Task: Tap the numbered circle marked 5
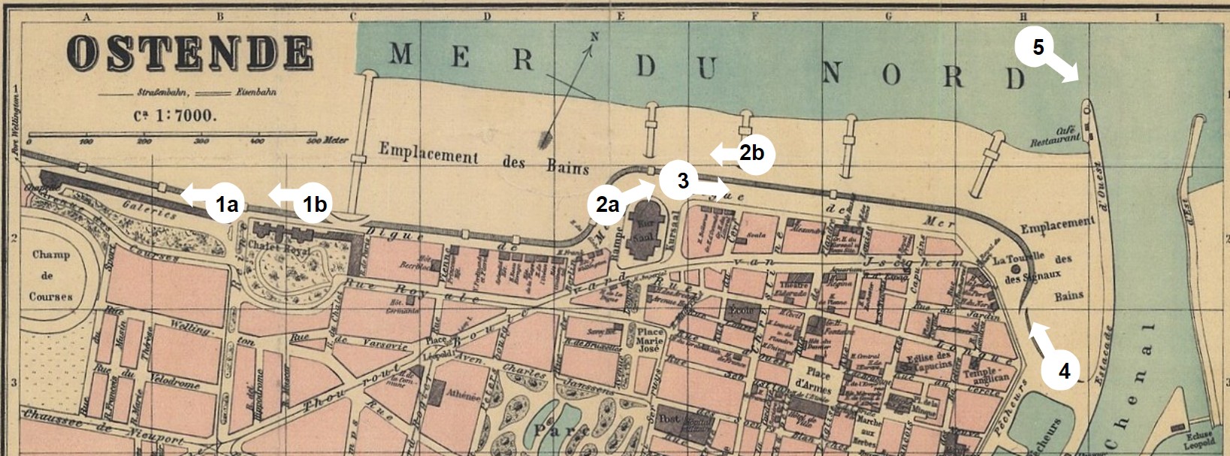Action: coord(1038,47)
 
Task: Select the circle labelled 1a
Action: coord(227,203)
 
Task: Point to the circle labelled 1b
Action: coord(314,203)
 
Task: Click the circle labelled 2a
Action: coord(608,204)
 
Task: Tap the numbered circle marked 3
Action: coord(683,181)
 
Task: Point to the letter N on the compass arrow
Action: coord(594,37)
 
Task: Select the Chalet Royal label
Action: coord(283,249)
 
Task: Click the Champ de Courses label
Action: coord(51,275)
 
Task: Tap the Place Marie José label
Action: coord(651,339)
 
